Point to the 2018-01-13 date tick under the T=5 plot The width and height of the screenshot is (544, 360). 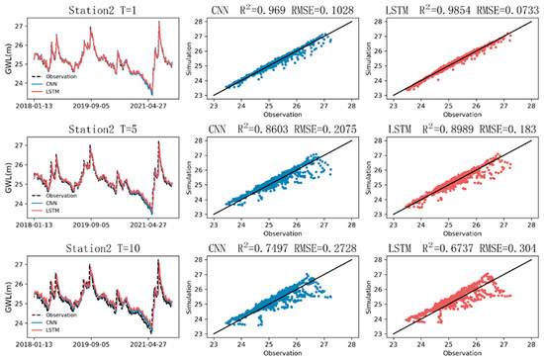coord(35,233)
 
